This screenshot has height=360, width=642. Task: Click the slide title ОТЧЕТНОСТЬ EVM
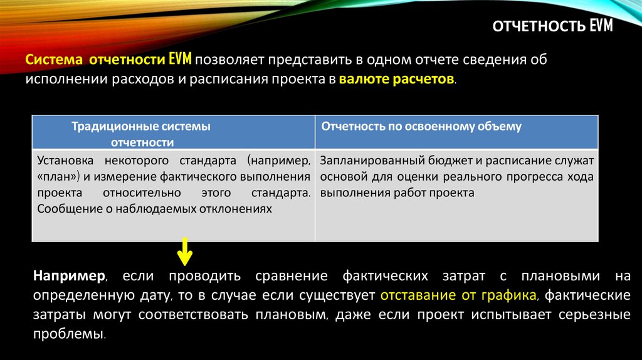point(553,26)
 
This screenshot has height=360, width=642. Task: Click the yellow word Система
point(54,61)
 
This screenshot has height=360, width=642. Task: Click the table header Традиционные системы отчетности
point(140,134)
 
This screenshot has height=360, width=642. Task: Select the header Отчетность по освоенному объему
point(421,127)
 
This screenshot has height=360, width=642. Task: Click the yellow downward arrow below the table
point(184,251)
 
